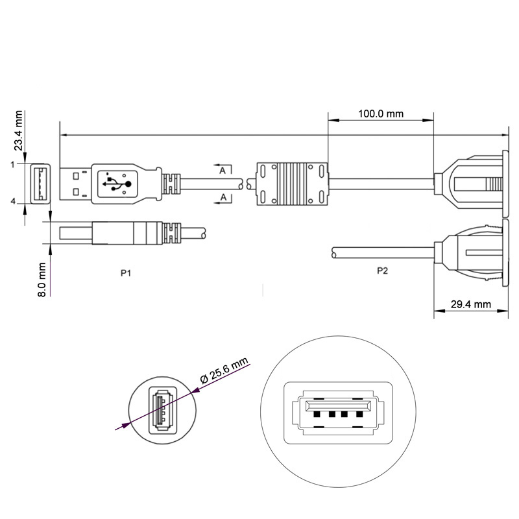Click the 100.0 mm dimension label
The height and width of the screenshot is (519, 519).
[x=381, y=114]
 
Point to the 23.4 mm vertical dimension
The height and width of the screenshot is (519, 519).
[x=19, y=131]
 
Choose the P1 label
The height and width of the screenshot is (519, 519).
[x=127, y=273]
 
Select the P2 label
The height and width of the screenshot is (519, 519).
[x=382, y=271]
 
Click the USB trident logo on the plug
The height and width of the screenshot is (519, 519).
[x=117, y=184]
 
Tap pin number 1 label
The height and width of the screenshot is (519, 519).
[x=12, y=164]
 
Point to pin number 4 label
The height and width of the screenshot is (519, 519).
[x=12, y=202]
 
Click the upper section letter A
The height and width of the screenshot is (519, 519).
[x=223, y=171]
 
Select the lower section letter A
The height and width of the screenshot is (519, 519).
[x=223, y=197]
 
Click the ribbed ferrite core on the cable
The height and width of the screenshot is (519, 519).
[x=294, y=184]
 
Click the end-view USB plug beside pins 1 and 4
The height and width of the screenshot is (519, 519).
[x=40, y=183]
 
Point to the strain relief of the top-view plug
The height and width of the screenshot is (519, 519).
[x=170, y=184]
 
